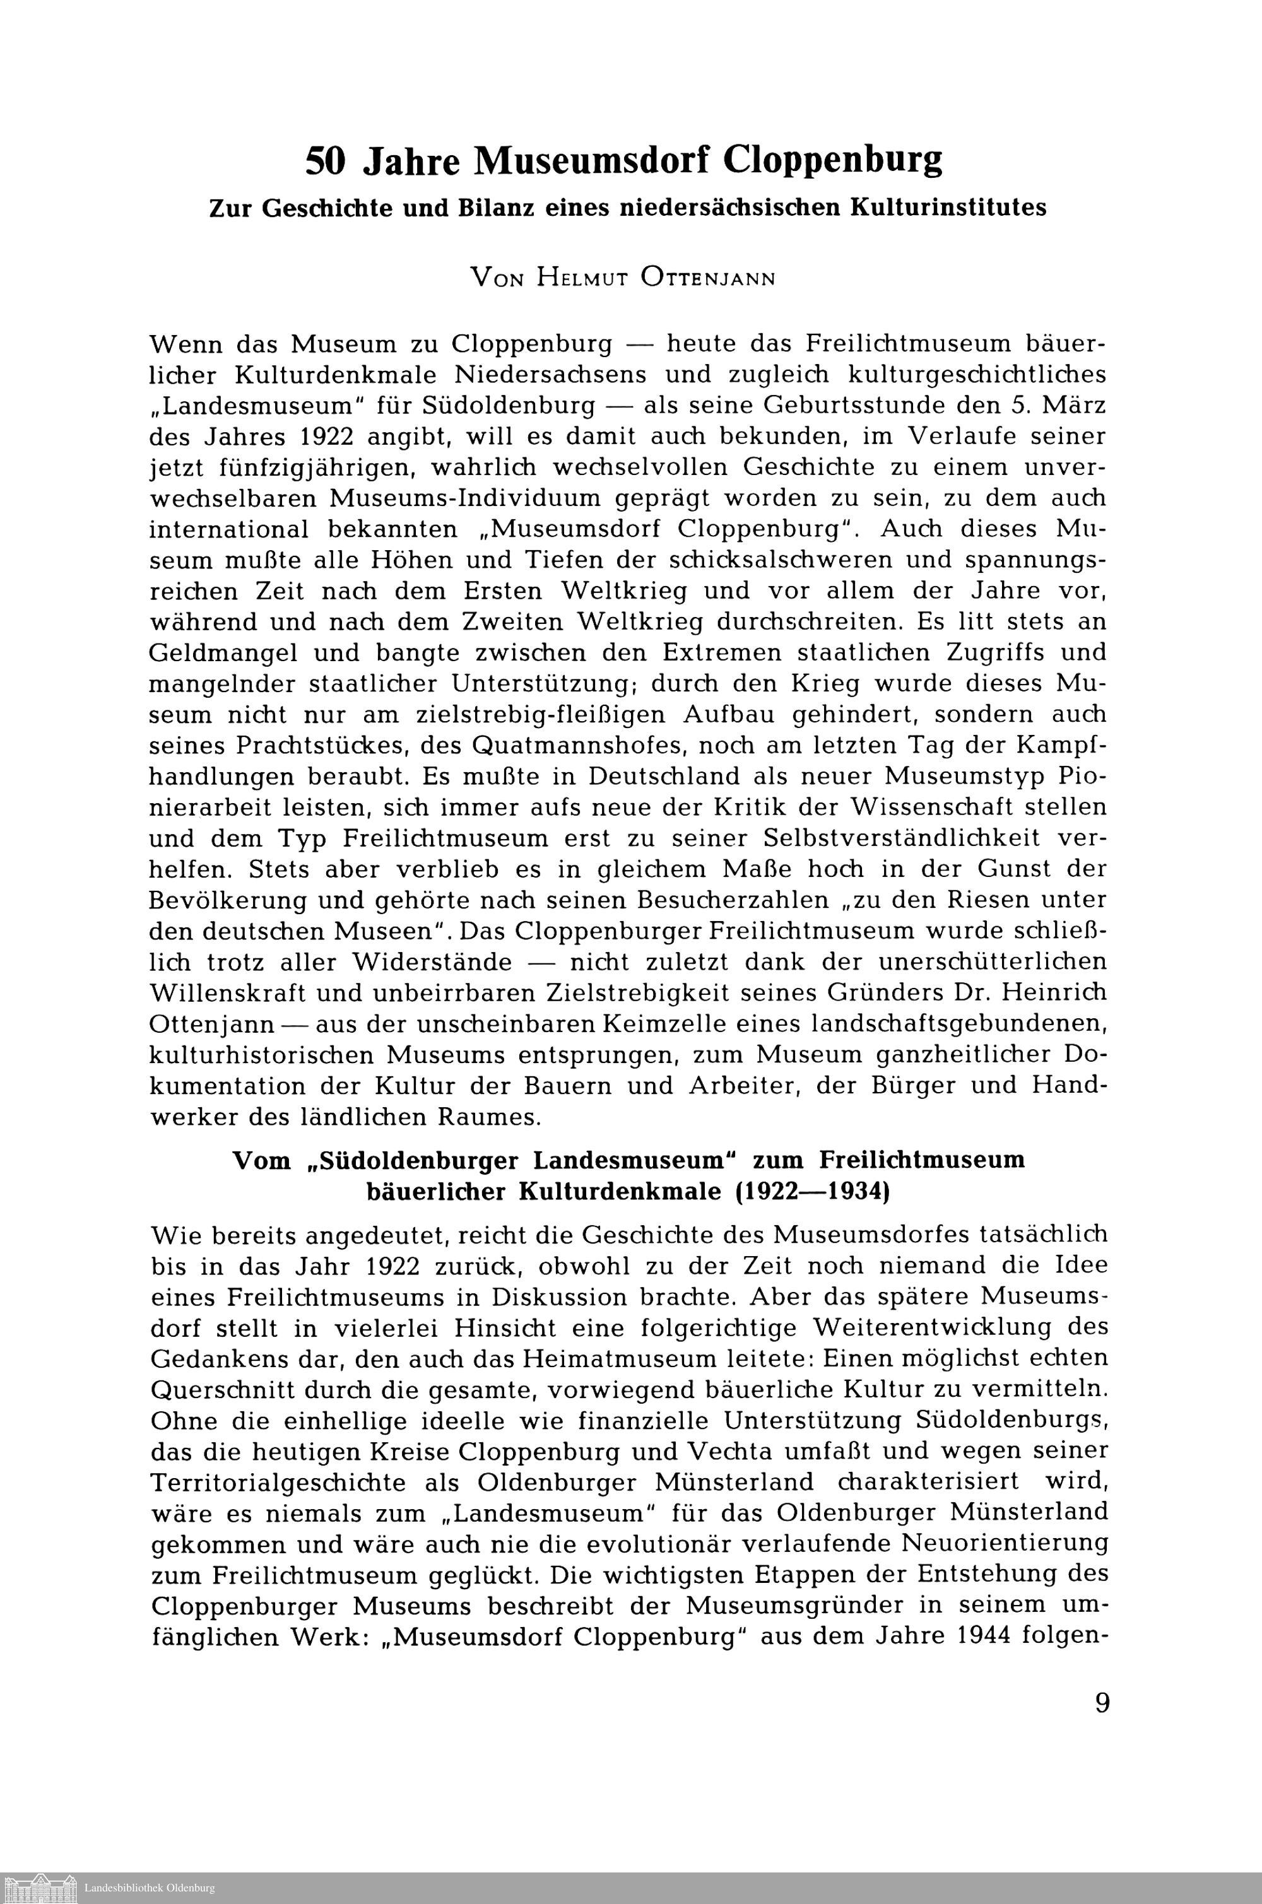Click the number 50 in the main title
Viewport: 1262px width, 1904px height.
(x=326, y=162)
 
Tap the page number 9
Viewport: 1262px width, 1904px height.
(x=1102, y=1703)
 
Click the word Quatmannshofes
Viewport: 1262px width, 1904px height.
(x=577, y=745)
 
